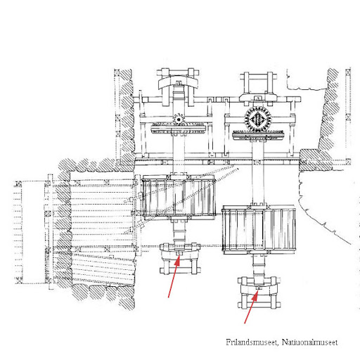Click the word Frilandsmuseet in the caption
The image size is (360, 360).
point(252,342)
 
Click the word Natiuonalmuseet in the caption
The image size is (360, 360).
point(309,342)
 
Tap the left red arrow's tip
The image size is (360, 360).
point(179,256)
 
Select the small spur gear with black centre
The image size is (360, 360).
point(179,120)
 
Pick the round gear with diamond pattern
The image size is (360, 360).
point(257,120)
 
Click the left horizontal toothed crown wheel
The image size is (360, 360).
point(179,129)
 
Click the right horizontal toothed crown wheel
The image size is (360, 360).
point(258,136)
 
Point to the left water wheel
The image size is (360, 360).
point(179,198)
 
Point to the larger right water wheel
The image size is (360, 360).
point(259,230)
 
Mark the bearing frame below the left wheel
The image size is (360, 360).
point(180,258)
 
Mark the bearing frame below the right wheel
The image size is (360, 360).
point(259,292)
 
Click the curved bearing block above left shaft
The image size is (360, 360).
point(178,82)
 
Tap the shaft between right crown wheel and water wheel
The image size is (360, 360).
point(258,172)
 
